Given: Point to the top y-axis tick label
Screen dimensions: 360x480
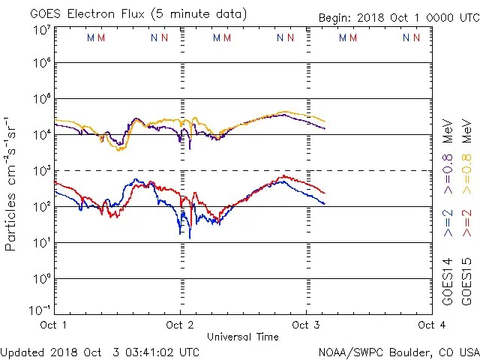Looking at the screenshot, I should [41, 29].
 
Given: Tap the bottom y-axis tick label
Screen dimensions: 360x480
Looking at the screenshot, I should [41, 310].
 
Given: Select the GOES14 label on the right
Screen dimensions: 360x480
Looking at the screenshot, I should [447, 283].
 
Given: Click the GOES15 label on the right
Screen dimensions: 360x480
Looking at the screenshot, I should [466, 283].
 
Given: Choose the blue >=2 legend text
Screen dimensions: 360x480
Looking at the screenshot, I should [447, 223].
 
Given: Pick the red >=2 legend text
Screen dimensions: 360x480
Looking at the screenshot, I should [466, 223].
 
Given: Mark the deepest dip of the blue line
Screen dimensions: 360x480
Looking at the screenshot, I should [189, 238].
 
